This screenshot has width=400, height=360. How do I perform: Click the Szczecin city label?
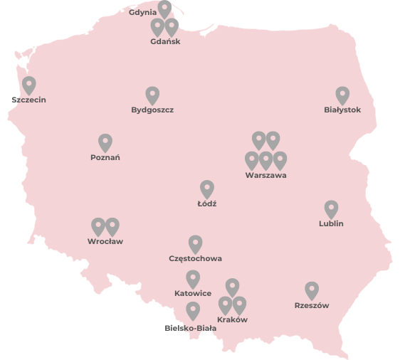click(28, 100)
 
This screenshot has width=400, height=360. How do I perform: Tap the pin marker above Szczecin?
click(28, 85)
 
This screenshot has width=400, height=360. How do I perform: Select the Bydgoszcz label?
click(152, 110)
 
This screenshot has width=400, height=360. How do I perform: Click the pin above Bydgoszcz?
click(152, 95)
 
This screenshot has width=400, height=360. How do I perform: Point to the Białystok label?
click(342, 110)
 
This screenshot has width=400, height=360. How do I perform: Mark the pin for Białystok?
click(342, 95)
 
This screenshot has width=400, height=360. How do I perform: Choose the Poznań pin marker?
click(105, 142)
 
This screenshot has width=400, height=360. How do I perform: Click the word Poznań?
click(105, 157)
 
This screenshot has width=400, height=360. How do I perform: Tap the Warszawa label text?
click(265, 175)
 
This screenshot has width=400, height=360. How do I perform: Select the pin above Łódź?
click(207, 189)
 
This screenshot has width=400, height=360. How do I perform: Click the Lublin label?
click(331, 223)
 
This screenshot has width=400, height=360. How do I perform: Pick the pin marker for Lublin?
click(331, 208)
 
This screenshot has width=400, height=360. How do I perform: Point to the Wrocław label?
click(105, 241)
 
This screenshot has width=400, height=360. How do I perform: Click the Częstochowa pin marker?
click(195, 243)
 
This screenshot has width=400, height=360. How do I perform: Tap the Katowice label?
click(193, 293)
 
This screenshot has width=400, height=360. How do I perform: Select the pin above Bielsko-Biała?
click(193, 310)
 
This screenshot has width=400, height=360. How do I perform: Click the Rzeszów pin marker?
click(312, 290)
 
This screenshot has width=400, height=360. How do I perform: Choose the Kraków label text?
click(232, 319)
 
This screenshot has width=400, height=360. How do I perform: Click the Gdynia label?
click(143, 12)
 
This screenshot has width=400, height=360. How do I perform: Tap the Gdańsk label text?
click(165, 41)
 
